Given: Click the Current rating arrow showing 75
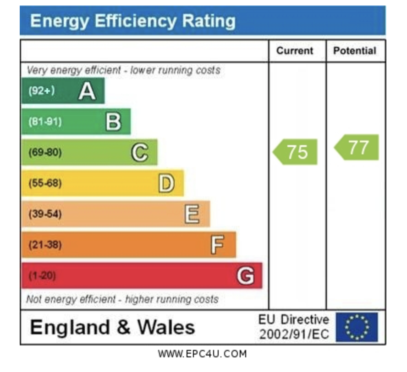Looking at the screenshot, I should (296, 152).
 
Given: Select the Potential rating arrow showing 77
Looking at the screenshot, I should (357, 147).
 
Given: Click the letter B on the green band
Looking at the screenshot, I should (114, 122).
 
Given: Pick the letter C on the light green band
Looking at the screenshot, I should (140, 152).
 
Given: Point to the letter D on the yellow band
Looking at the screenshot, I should (166, 183).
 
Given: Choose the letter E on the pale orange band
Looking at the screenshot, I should (192, 214).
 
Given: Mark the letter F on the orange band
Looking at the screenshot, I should (218, 245).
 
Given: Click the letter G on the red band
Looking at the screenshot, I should (245, 276).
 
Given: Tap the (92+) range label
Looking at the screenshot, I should (41, 91).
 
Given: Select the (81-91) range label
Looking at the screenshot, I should (45, 122).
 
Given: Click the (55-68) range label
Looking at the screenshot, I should (45, 183).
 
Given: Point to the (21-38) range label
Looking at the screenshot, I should (45, 245).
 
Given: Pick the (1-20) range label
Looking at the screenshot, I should (42, 276).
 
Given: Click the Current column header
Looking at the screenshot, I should (295, 51).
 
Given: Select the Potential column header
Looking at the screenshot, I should (355, 51).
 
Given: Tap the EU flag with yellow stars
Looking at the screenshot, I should (357, 327).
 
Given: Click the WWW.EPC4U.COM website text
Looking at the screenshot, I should (202, 354).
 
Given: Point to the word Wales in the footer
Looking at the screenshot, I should (166, 327).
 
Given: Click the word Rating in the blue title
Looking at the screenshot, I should (209, 21).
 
